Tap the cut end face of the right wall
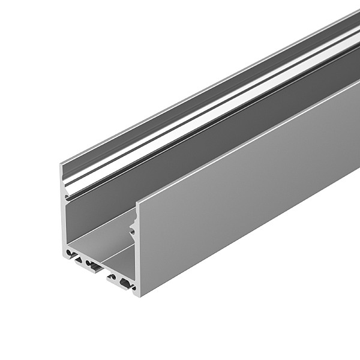(137, 252)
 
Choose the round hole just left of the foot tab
(88, 263)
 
